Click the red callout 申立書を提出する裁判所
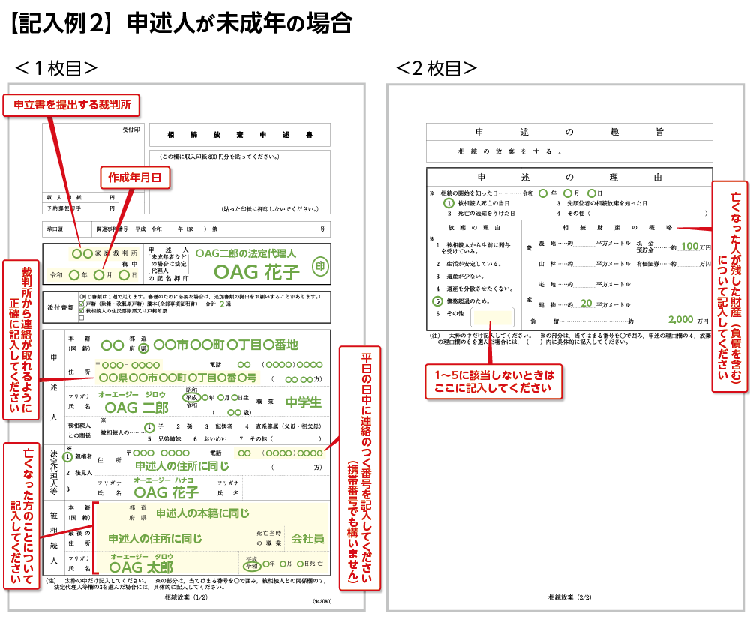pos(73,106)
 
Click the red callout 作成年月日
pos(136,177)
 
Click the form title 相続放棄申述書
pos(239,135)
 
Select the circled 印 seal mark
pos(320,266)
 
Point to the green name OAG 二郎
pos(136,407)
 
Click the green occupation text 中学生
pos(304,402)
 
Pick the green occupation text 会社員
pos(307,538)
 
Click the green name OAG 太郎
pos(141,567)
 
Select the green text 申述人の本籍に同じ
pos(202,513)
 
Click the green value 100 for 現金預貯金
pos(689,246)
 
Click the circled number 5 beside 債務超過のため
pos(438,301)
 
